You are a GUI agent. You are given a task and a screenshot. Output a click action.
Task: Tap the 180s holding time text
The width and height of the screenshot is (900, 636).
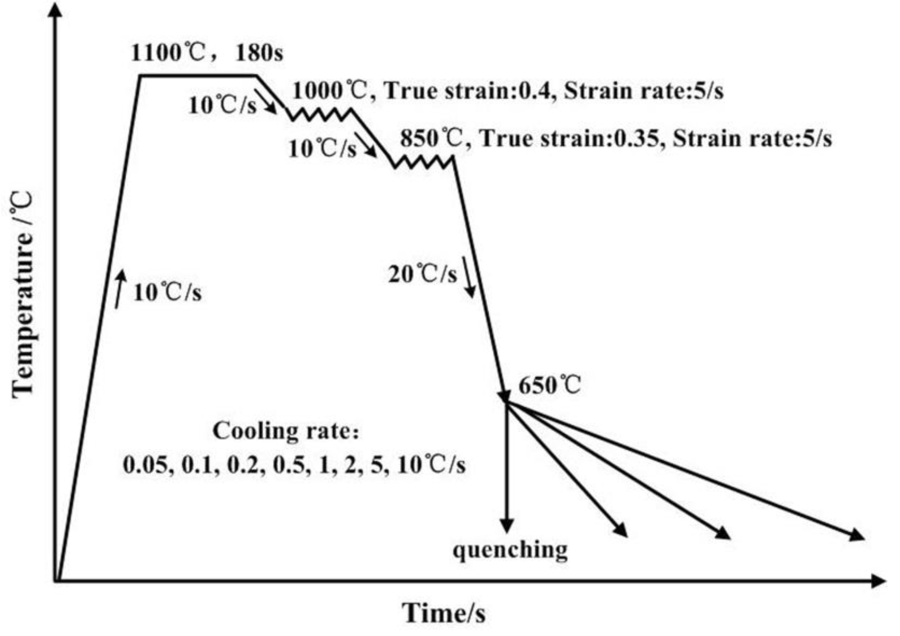[x=259, y=53]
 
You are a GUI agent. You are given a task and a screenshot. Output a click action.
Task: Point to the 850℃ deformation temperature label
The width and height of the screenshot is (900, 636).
[x=432, y=139]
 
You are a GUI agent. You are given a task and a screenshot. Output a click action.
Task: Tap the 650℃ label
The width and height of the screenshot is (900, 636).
[x=549, y=385]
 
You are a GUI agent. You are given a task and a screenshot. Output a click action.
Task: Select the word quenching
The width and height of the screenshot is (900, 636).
[x=510, y=550]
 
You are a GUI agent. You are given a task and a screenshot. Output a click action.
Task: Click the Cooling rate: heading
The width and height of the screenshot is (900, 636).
[x=286, y=431]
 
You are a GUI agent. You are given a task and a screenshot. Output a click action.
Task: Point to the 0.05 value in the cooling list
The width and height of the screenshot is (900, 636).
[x=148, y=466]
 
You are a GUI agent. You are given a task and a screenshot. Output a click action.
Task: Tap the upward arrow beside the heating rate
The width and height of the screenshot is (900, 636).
[x=120, y=288]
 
